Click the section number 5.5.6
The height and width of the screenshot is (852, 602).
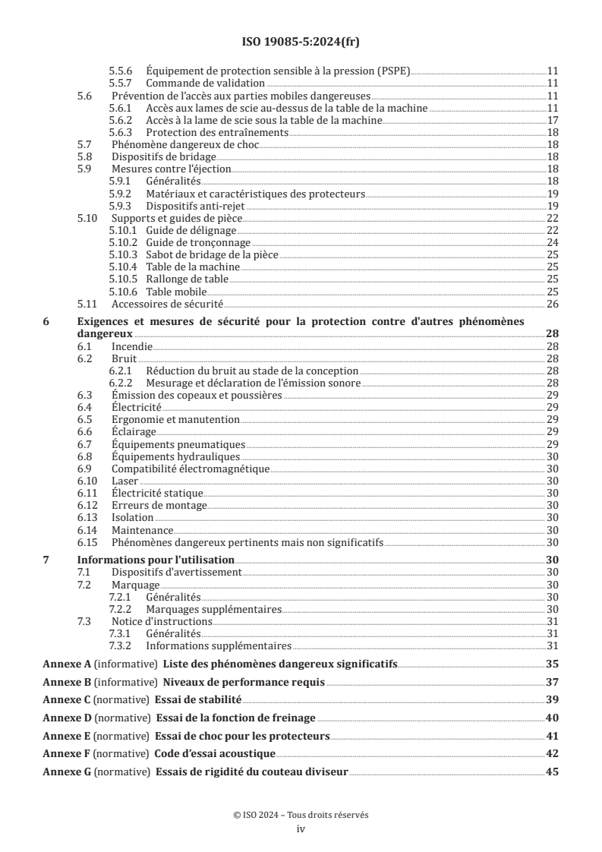(x=121, y=70)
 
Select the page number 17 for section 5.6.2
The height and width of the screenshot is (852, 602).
(x=553, y=120)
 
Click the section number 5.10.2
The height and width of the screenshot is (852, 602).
(x=124, y=242)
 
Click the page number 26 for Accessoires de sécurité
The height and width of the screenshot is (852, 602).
(x=553, y=304)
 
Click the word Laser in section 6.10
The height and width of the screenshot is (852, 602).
(x=124, y=481)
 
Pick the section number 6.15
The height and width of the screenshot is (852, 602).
(x=88, y=542)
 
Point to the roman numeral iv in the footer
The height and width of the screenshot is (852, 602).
(x=301, y=829)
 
